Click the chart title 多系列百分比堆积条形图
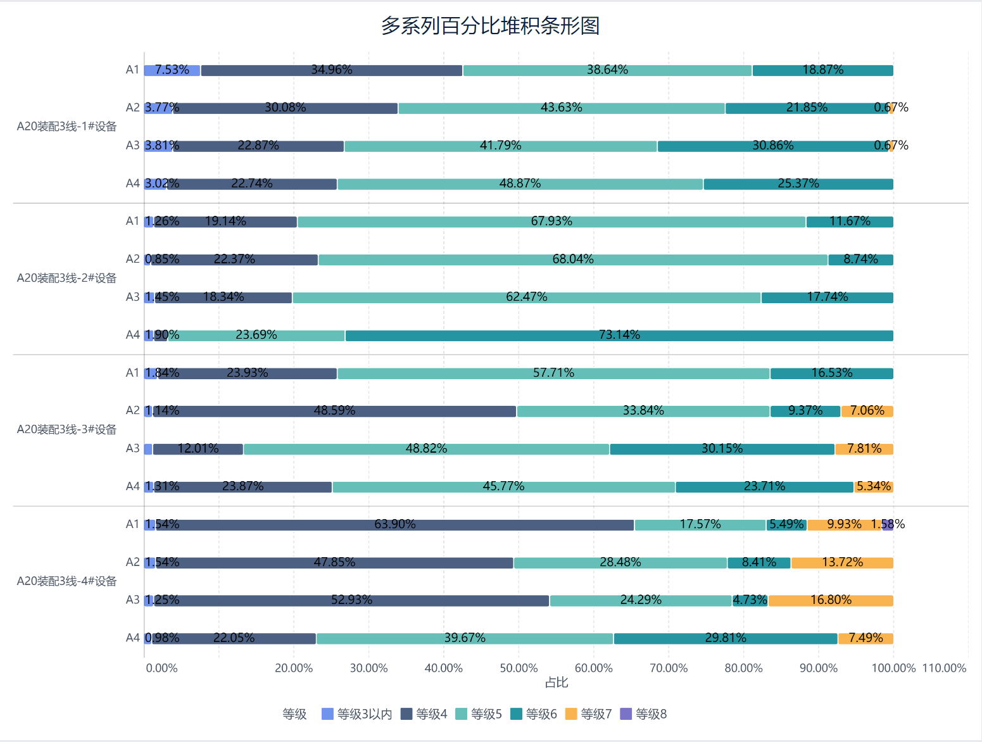pyautogui.click(x=490, y=26)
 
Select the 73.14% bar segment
pyautogui.click(x=619, y=336)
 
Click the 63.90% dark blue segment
pyautogui.click(x=395, y=525)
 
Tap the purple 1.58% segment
pyautogui.click(x=888, y=525)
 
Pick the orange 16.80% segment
pyautogui.click(x=831, y=601)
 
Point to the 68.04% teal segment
pyautogui.click(x=573, y=260)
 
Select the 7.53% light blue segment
pyautogui.click(x=172, y=70)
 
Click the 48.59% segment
pyautogui.click(x=335, y=412)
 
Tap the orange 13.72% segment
pyautogui.click(x=842, y=563)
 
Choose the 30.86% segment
pyautogui.click(x=772, y=146)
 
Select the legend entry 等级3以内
pyautogui.click(x=357, y=714)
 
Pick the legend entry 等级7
pyautogui.click(x=589, y=714)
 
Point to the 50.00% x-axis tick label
pyautogui.click(x=519, y=668)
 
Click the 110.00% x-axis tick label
pyautogui.click(x=944, y=668)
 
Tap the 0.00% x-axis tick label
pyautogui.click(x=161, y=668)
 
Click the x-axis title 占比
pyautogui.click(x=557, y=682)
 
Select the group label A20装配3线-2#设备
pyautogui.click(x=66, y=278)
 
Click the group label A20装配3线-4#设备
pyautogui.click(x=66, y=581)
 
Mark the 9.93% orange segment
pyautogui.click(x=844, y=525)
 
